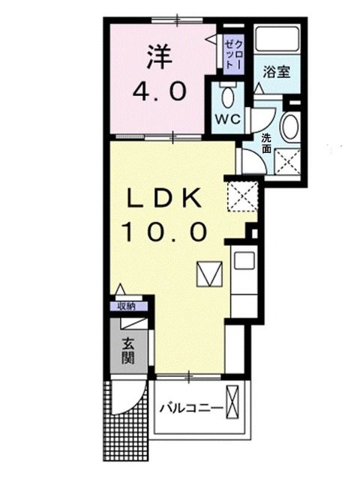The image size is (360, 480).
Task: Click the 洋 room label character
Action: pyautogui.click(x=159, y=57)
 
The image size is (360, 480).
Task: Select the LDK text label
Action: pyautogui.click(x=164, y=198)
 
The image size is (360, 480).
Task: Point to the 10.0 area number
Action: pyautogui.click(x=163, y=232)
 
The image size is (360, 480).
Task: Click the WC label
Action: pyautogui.click(x=228, y=118)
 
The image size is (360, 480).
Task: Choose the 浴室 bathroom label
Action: pyautogui.click(x=277, y=72)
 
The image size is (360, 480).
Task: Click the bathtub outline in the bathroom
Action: pyautogui.click(x=277, y=39)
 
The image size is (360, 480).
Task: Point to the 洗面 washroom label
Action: pyautogui.click(x=266, y=143)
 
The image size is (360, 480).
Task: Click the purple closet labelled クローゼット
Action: pyautogui.click(x=233, y=55)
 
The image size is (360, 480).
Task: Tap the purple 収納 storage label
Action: pyautogui.click(x=128, y=306)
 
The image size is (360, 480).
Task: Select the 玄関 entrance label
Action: pyautogui.click(x=128, y=351)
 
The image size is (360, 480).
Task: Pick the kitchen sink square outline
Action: pyautogui.click(x=244, y=260)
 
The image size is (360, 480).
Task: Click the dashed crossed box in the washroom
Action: pyautogui.click(x=287, y=162)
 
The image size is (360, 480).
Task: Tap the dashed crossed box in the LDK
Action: pyautogui.click(x=242, y=196)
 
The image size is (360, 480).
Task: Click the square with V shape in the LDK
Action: pyautogui.click(x=209, y=274)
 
